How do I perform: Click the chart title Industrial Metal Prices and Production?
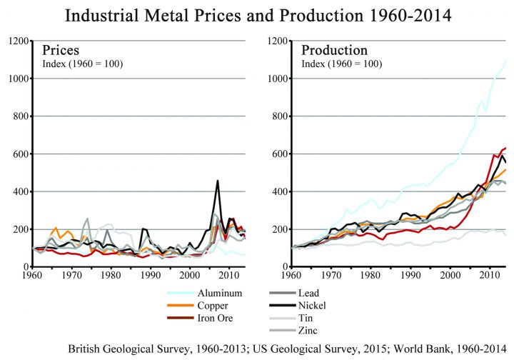(256, 15)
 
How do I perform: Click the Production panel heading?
(334, 50)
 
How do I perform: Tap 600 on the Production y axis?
(278, 154)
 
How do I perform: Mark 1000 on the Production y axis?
(276, 79)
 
